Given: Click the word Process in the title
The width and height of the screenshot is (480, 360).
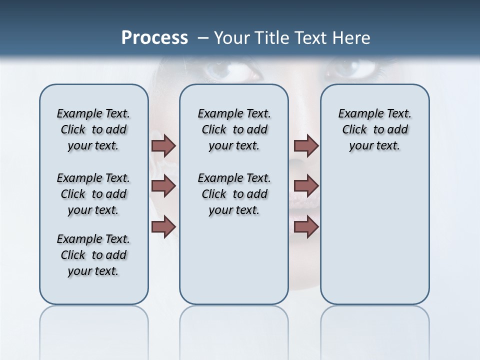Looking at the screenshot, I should [x=154, y=37].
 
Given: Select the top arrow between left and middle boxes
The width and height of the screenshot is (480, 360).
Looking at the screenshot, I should [x=163, y=145].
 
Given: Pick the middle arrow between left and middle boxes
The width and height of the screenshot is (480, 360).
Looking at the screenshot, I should [x=163, y=186].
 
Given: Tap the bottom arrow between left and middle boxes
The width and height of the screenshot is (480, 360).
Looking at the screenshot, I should [x=163, y=226].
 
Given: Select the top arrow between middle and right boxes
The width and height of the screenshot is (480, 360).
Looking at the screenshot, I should [x=306, y=145].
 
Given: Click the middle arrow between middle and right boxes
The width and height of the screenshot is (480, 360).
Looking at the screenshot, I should [x=306, y=186].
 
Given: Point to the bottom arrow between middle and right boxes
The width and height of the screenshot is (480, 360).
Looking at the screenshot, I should [x=306, y=226].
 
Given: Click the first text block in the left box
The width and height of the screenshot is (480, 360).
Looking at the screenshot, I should [x=93, y=129].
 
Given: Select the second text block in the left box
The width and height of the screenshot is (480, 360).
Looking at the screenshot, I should [x=93, y=194].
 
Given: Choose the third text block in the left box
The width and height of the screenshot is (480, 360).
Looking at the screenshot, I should [x=93, y=255].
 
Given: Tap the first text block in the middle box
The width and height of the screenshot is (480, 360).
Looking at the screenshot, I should [x=234, y=129].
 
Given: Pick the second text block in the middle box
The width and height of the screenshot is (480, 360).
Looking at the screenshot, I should [x=234, y=194].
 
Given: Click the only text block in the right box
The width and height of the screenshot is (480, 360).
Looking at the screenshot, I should [x=374, y=129].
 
